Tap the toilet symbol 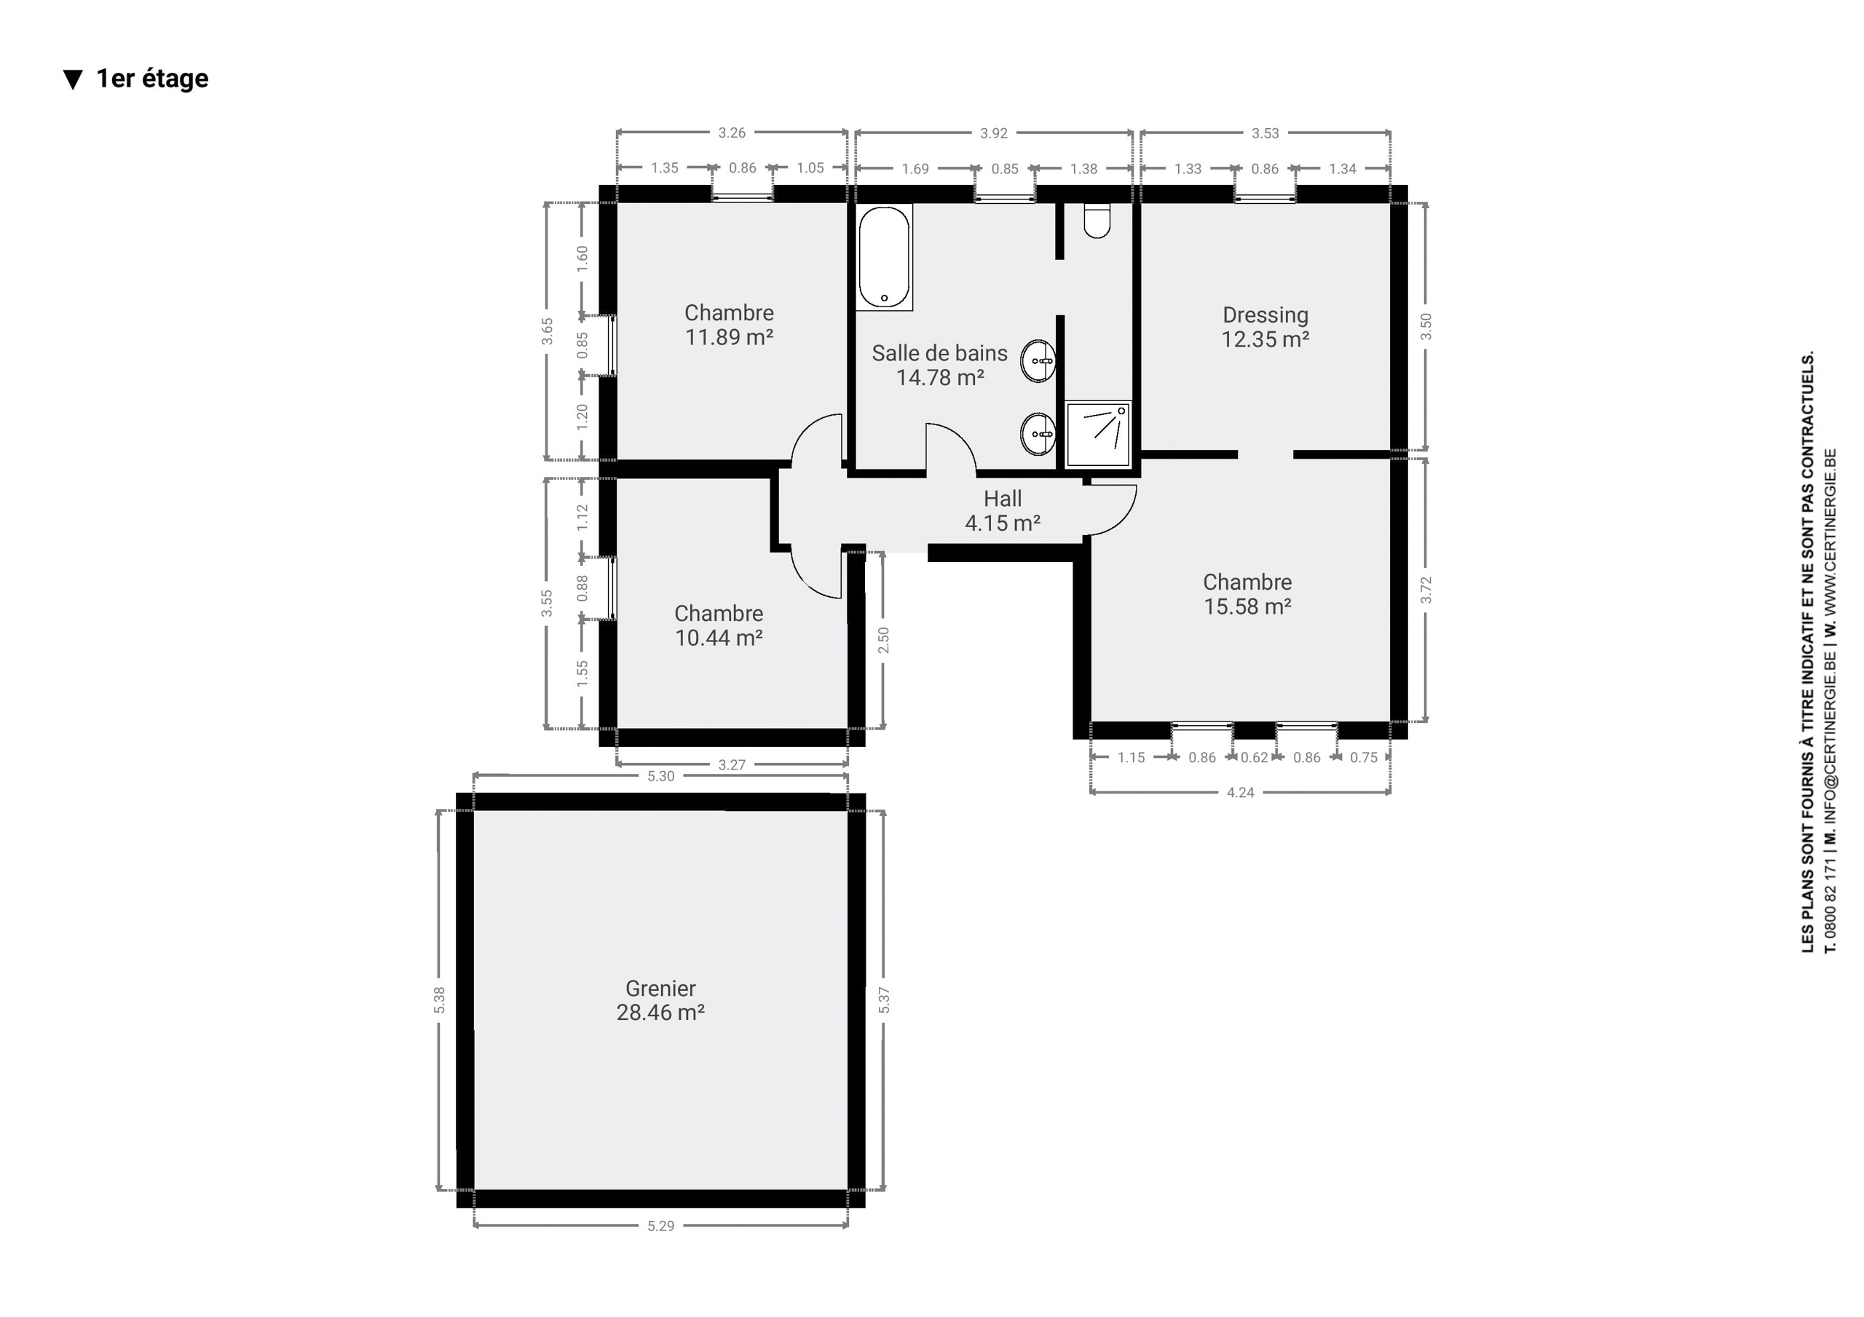(1097, 220)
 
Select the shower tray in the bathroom (1097, 435)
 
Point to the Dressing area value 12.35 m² (1265, 339)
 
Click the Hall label (1003, 499)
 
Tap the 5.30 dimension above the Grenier (661, 776)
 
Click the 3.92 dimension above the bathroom (994, 133)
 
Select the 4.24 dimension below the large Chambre (1241, 793)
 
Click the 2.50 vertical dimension (884, 640)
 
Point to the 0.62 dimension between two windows (1255, 758)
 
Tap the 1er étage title (153, 79)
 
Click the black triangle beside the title (73, 79)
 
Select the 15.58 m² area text (1247, 606)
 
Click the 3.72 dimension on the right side (1426, 590)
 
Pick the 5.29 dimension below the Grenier (661, 1226)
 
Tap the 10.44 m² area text (719, 638)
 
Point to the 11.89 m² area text (729, 337)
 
